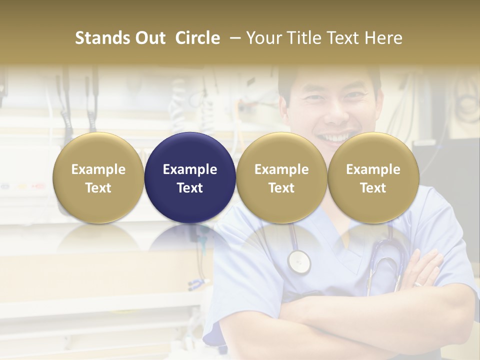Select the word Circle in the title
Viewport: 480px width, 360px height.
tap(197, 38)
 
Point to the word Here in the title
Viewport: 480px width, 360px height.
tap(383, 38)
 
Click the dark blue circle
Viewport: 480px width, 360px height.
tap(190, 177)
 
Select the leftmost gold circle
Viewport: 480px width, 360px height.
tap(98, 177)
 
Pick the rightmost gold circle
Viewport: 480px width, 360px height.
tap(373, 177)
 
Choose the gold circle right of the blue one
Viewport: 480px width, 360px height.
tap(281, 177)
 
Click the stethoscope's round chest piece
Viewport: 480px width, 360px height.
tap(299, 261)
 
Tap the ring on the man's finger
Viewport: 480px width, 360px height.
tap(418, 284)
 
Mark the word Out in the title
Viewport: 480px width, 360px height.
tap(150, 38)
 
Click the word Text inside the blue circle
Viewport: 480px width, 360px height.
tap(190, 188)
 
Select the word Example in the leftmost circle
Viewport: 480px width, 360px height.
tap(98, 169)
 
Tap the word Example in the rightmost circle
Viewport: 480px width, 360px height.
tap(373, 169)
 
